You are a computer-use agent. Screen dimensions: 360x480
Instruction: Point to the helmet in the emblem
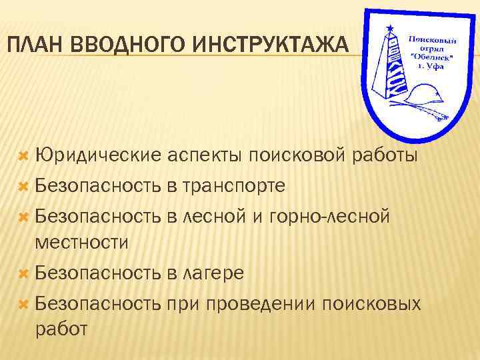(x=426, y=91)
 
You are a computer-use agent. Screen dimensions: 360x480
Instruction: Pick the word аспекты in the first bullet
(x=205, y=156)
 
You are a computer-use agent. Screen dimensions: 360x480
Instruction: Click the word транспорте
(x=233, y=185)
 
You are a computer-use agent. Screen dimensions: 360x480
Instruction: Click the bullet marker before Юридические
(x=23, y=157)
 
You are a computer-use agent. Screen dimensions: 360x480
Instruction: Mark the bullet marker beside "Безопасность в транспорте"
(x=23, y=186)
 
